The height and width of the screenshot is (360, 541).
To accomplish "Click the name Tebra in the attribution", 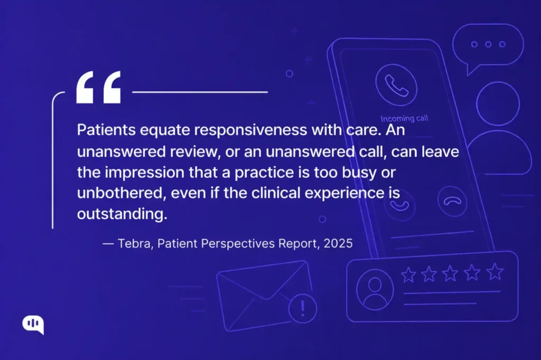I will [132, 244].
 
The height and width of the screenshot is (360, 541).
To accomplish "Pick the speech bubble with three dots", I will [488, 46].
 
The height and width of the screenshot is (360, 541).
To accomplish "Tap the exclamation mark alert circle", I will [303, 308].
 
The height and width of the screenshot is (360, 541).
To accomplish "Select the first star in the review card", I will [408, 274].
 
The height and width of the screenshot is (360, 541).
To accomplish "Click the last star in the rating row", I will [495, 272].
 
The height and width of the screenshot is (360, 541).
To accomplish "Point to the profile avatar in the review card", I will [375, 289].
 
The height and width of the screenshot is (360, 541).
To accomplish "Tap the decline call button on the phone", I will [452, 201].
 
